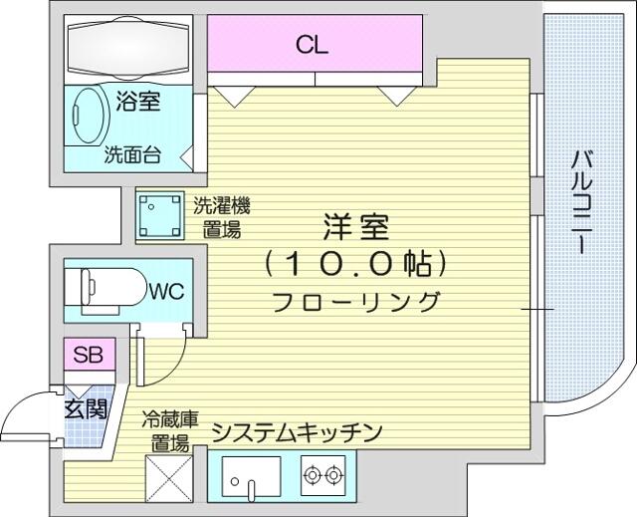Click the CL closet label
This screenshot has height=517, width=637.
312,45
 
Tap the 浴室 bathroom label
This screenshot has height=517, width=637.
138,101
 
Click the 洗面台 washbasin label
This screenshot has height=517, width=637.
132,154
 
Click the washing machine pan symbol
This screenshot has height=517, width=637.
159,215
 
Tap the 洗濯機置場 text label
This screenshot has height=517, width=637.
221,217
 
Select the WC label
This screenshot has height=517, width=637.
166,291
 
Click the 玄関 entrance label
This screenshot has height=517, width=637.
87,408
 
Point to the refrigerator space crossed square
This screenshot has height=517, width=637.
169,478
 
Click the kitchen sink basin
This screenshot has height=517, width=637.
252,477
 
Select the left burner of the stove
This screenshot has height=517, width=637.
312,474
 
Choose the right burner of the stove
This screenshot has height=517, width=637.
334,474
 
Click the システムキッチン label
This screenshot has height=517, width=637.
298,433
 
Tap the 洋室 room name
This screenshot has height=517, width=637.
356,227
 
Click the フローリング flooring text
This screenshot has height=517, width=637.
356,302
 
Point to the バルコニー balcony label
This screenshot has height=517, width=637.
581,202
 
